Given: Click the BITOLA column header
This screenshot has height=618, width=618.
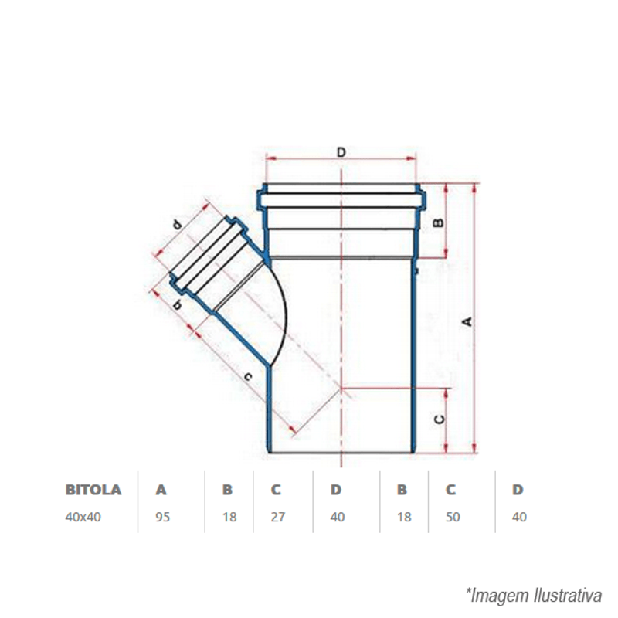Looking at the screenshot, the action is click(93, 490).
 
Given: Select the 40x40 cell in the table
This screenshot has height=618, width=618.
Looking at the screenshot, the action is click(83, 517).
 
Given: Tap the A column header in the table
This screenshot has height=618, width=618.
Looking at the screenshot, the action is click(161, 490).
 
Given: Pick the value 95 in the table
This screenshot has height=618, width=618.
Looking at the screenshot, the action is click(163, 517).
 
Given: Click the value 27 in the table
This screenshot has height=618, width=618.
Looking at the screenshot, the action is click(278, 517).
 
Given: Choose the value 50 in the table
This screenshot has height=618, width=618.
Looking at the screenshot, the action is click(453, 517).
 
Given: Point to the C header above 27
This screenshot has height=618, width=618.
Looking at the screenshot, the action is click(276, 490).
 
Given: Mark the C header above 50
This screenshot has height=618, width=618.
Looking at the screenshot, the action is click(451, 490).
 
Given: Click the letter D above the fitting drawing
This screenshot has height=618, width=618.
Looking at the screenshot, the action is click(341, 152).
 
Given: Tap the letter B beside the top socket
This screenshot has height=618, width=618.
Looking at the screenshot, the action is click(438, 222).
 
